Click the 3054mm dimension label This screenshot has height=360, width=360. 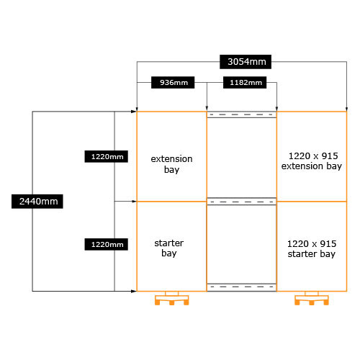tap(246, 62)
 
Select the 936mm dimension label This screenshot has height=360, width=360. tap(173, 83)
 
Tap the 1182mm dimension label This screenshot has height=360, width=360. tap(245, 83)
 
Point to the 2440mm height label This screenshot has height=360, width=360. tap(37, 202)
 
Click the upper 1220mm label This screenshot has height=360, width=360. tap(106, 156)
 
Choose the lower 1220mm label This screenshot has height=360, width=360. tap(106, 244)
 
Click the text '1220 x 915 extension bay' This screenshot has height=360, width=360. tap(312, 161)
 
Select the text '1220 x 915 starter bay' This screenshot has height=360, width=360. tap(312, 249)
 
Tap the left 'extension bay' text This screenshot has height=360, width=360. tap(171, 164)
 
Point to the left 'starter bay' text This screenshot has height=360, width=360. tap(169, 248)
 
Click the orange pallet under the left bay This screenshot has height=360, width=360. tap(171, 298)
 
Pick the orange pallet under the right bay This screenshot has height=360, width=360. tap(312, 298)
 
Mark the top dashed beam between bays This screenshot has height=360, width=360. tap(242, 114)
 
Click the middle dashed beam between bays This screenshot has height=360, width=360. tap(242, 202)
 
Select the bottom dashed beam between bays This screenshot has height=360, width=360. tap(242, 287)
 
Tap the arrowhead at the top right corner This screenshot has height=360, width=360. tap(346, 109)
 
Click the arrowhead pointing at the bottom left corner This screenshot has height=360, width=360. tap(134, 291)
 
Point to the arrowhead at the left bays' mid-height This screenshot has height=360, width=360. tap(134, 202)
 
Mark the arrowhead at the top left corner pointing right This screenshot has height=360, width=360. tap(134, 112)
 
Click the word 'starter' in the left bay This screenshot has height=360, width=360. tap(169, 243)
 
